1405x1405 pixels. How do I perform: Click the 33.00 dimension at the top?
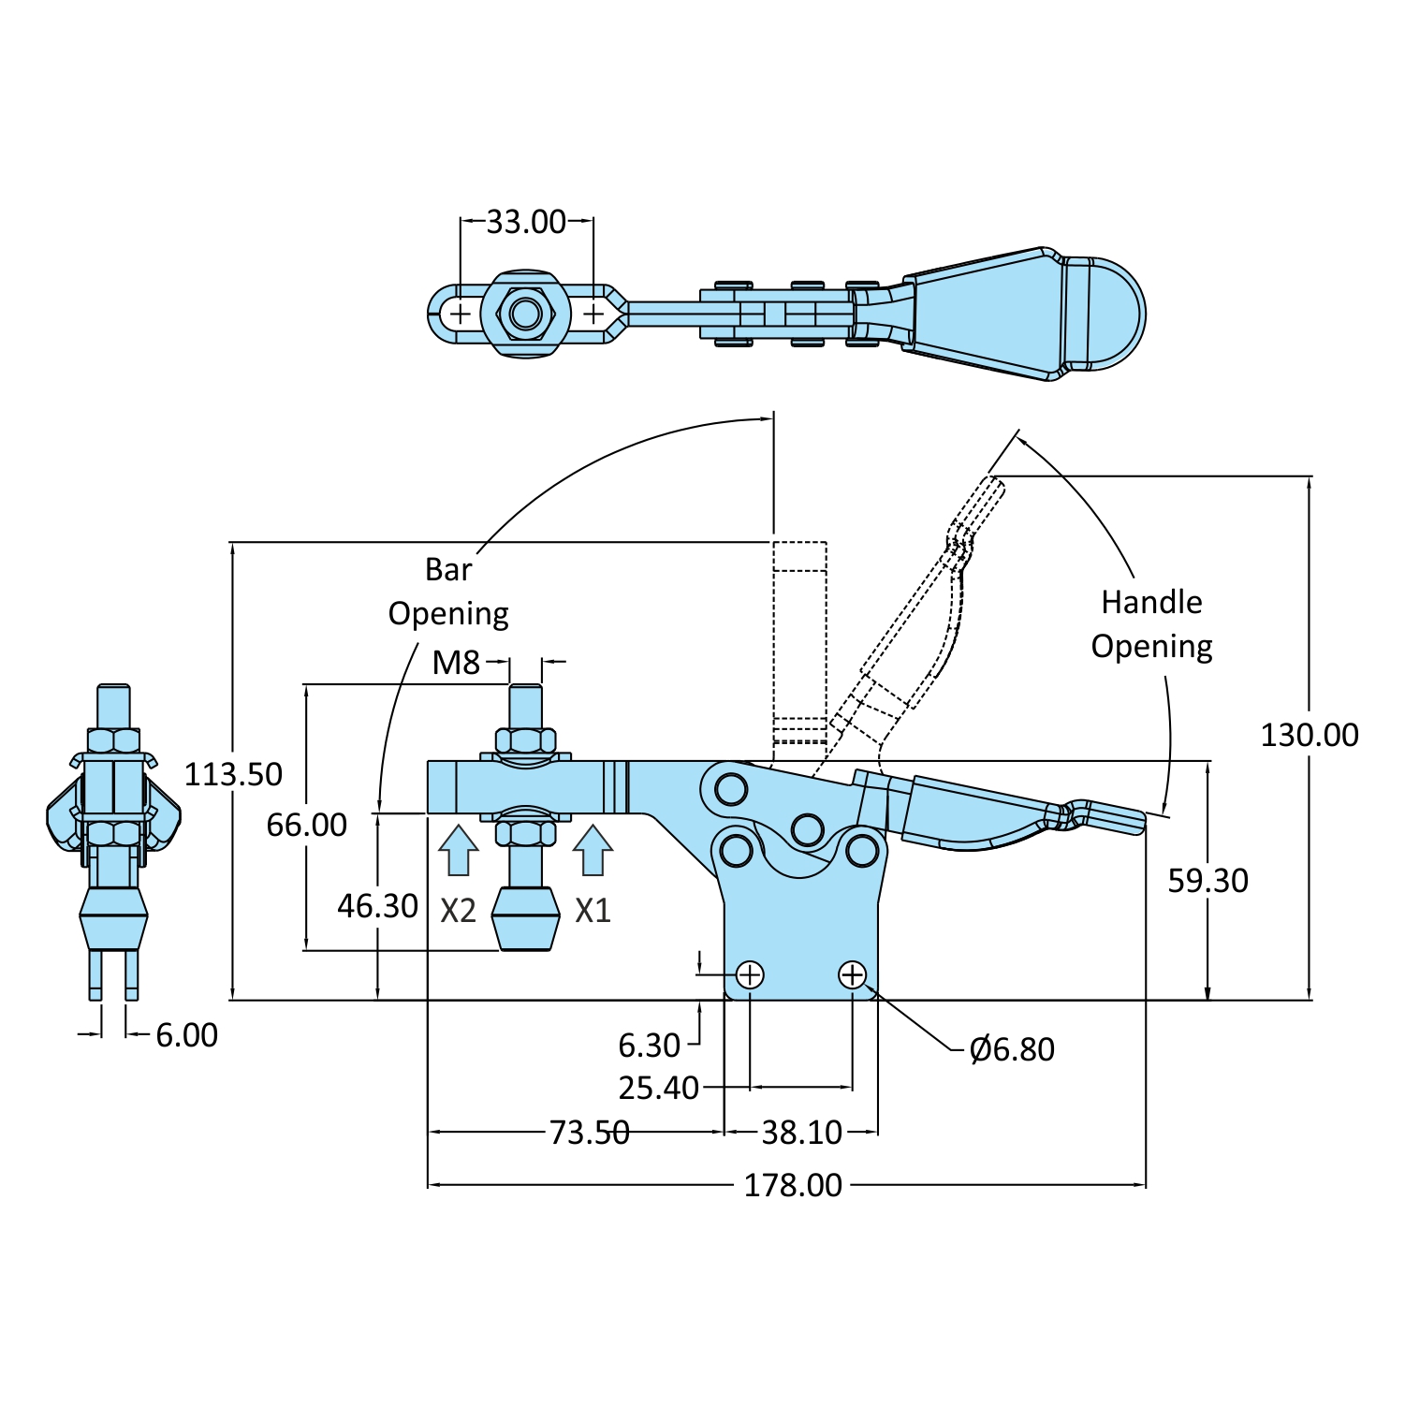526,222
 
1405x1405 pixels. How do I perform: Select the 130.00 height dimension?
1309,735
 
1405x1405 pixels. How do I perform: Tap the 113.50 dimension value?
233,774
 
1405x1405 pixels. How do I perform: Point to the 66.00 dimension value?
306,825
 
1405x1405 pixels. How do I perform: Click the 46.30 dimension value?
377,906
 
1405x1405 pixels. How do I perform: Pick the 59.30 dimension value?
1207,881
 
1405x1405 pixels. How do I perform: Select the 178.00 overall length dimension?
793,1185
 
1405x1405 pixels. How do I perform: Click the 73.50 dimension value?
589,1132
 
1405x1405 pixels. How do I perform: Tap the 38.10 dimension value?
801,1132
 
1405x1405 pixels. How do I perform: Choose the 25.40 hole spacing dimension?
658,1088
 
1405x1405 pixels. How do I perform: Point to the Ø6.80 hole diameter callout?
1012,1049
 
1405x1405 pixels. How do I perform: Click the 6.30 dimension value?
649,1046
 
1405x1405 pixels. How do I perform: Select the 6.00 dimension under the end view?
186,1035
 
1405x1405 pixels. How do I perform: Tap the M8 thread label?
456,663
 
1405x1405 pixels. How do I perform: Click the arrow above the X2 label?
458,850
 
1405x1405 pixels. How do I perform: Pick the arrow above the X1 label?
593,850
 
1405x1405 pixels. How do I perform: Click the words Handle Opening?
1151,624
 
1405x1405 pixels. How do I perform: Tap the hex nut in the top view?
526,314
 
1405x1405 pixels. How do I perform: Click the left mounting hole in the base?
750,975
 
